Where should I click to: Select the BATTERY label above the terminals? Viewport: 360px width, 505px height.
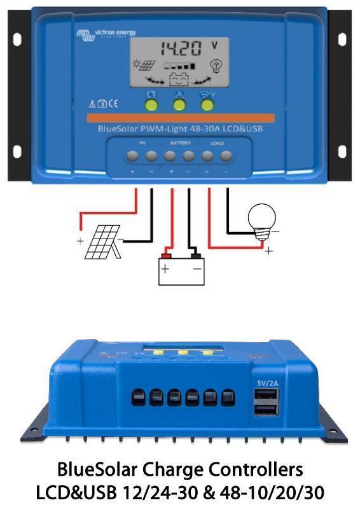tap(180, 143)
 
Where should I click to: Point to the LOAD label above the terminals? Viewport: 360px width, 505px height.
tap(217, 143)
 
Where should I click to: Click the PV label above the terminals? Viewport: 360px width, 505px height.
tap(142, 143)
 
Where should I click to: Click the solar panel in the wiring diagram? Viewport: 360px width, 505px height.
tap(102, 242)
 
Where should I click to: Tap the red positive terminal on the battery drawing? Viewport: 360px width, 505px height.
tap(166, 256)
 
